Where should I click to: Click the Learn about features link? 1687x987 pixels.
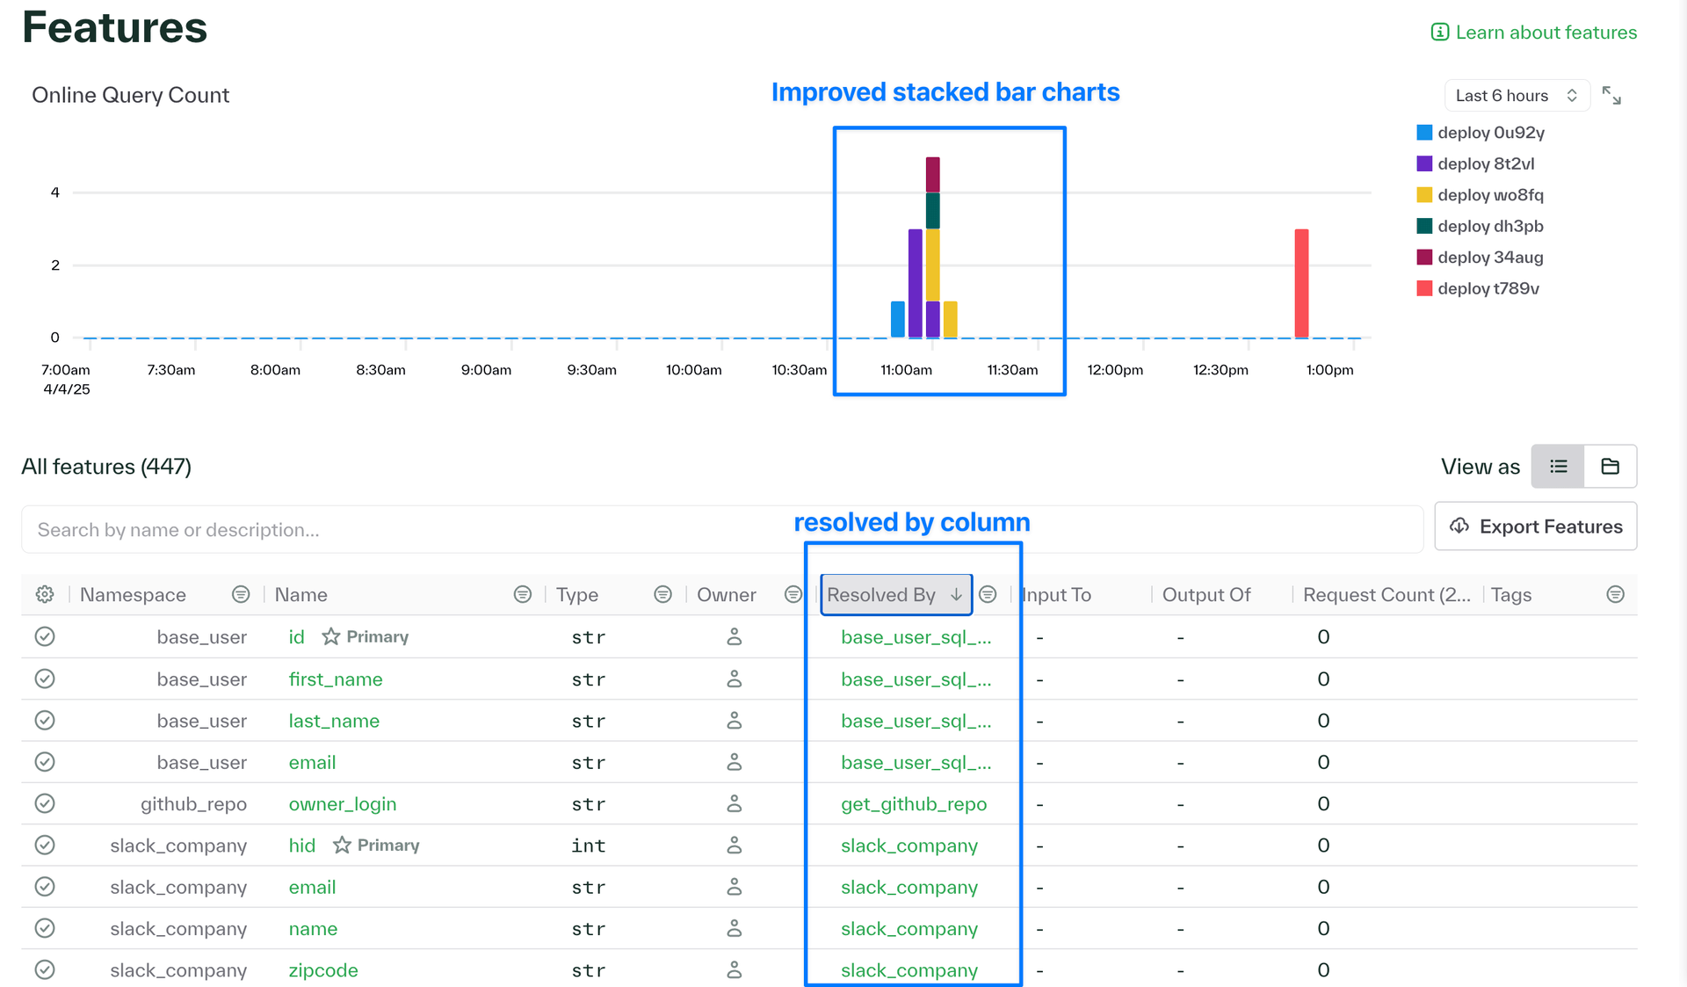point(1534,33)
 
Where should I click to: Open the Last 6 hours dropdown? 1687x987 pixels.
point(1517,96)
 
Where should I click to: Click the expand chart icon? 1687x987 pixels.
point(1611,96)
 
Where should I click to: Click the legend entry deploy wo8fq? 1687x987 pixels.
point(1481,195)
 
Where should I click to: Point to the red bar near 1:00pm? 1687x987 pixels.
point(1301,283)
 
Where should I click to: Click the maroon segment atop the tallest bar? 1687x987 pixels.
point(933,174)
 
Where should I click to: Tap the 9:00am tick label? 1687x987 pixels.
point(486,370)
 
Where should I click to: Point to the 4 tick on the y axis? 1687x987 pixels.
point(55,192)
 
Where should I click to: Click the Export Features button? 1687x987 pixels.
point(1536,526)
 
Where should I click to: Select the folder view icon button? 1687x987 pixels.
point(1611,467)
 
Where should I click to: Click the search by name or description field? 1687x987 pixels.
point(721,530)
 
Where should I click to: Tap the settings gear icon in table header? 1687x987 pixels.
point(45,595)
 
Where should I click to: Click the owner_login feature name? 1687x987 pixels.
point(343,804)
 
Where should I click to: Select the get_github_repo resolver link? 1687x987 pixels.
point(914,804)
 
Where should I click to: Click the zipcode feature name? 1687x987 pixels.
point(323,970)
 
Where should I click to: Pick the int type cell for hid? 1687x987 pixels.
point(589,845)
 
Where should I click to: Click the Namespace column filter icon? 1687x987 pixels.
point(241,595)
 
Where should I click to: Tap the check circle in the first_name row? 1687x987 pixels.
point(45,679)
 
